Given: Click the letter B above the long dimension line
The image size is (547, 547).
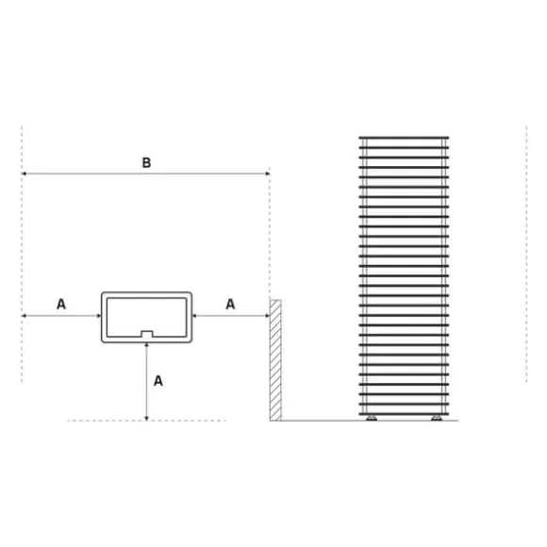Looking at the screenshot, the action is pyautogui.click(x=146, y=162).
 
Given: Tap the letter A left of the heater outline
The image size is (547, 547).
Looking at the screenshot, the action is pyautogui.click(x=61, y=305).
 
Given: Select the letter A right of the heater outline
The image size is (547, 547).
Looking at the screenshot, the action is pyautogui.click(x=230, y=305).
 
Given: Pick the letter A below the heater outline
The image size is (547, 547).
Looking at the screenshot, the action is pyautogui.click(x=158, y=381).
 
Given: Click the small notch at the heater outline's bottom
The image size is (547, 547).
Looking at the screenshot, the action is pyautogui.click(x=147, y=334).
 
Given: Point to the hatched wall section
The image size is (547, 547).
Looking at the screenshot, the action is pyautogui.click(x=275, y=360).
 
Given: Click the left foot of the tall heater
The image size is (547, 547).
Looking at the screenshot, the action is pyautogui.click(x=372, y=418).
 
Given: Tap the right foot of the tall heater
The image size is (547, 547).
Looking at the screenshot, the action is pyautogui.click(x=436, y=418).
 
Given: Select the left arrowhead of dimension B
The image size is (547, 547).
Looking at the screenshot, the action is pyautogui.click(x=24, y=174).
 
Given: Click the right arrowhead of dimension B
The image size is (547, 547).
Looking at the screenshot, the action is pyautogui.click(x=267, y=174).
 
